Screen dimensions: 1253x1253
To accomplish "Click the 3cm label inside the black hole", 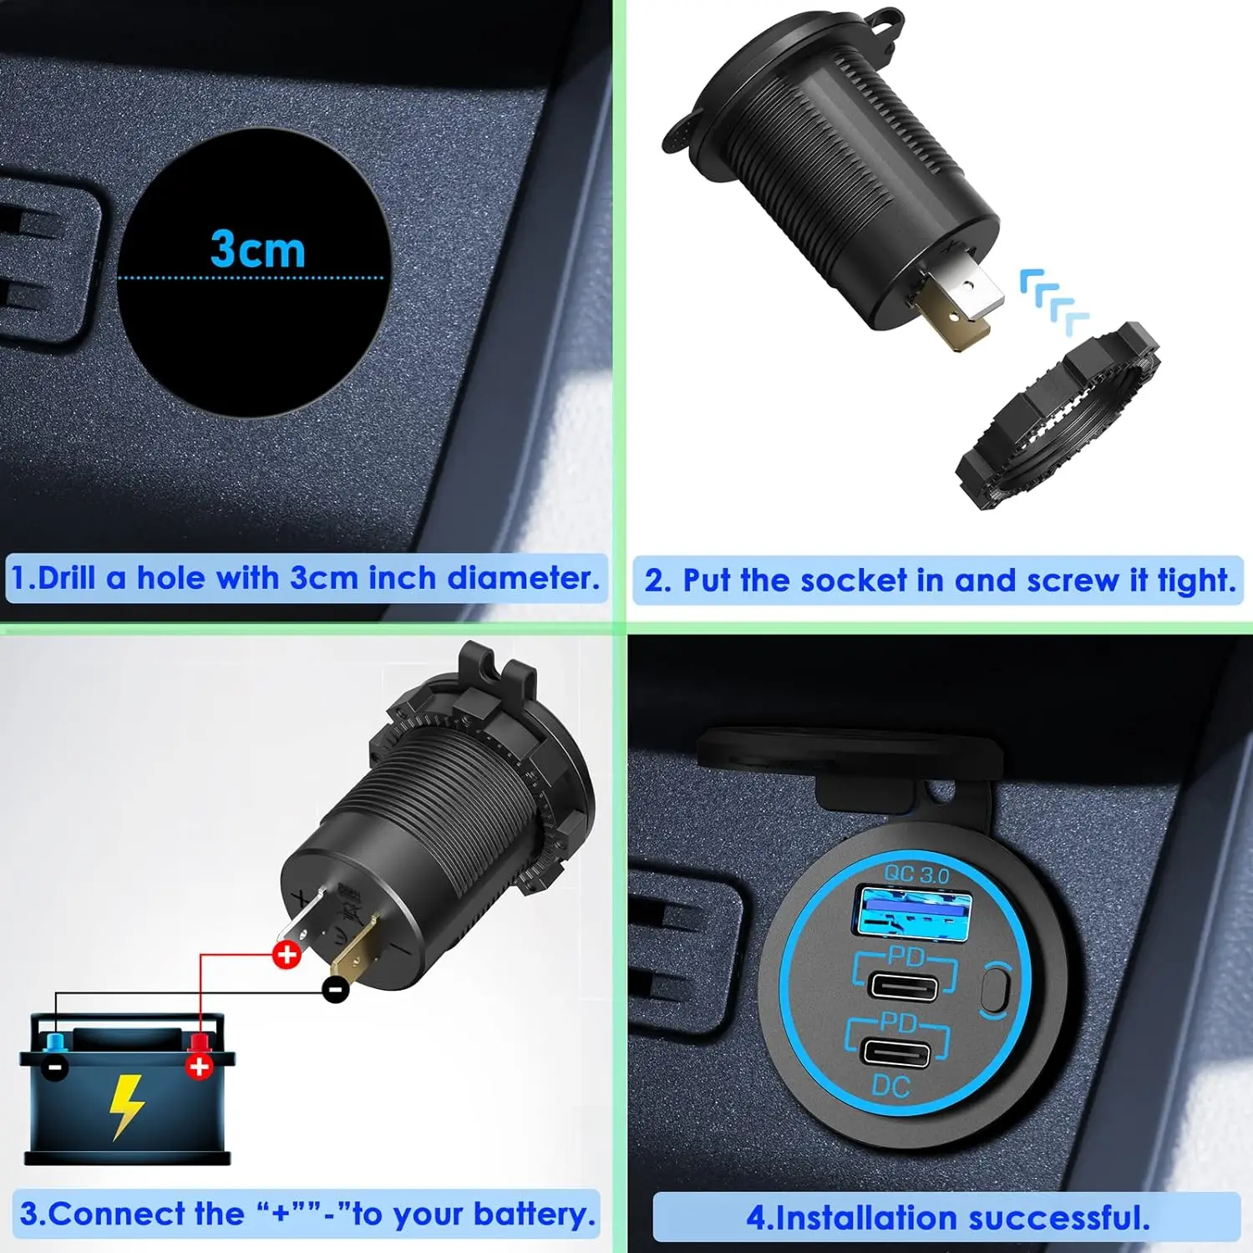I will (x=257, y=249).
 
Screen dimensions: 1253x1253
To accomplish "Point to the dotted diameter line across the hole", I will (x=251, y=277).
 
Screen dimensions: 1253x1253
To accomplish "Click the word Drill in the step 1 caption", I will (x=66, y=578).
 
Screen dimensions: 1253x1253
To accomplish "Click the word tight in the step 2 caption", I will (x=1196, y=581).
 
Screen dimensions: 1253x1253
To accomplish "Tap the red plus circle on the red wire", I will (x=287, y=954).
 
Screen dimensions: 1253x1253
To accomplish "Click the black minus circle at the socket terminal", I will (x=336, y=990).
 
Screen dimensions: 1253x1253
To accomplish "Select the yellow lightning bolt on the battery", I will (x=127, y=1105).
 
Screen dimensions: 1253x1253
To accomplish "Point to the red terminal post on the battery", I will (x=199, y=1044).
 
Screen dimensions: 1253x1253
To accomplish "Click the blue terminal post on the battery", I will (x=57, y=1044).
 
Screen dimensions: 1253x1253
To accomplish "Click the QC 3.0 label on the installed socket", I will (x=916, y=875).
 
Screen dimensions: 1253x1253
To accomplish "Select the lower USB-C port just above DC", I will (x=895, y=1053).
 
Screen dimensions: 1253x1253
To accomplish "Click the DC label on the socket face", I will (x=890, y=1087).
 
